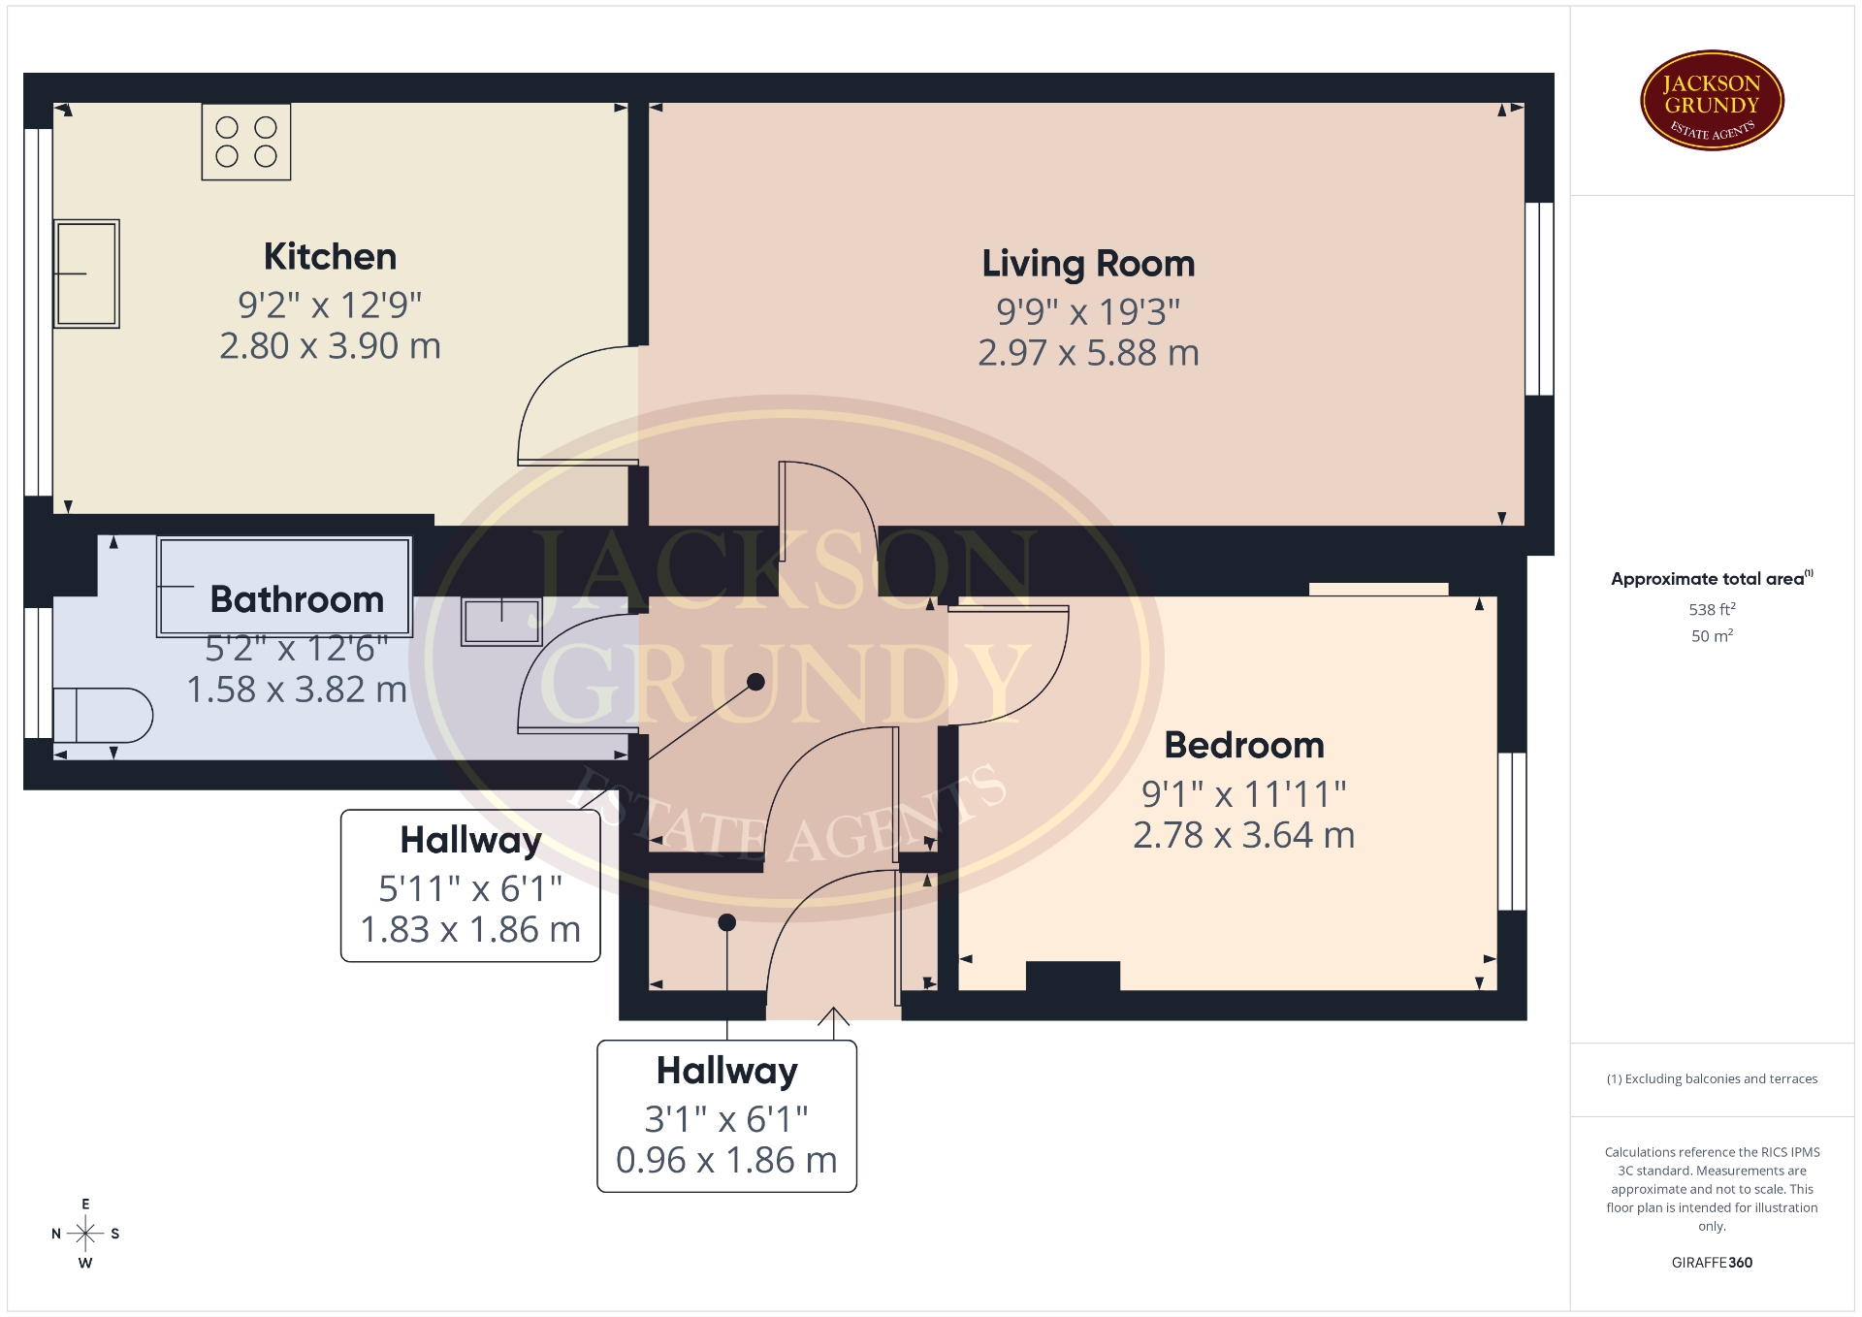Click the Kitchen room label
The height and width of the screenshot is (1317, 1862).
(x=330, y=257)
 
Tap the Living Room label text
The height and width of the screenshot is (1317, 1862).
(x=1088, y=264)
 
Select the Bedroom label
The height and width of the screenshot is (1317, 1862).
(x=1244, y=745)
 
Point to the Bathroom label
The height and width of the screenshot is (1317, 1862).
(x=297, y=599)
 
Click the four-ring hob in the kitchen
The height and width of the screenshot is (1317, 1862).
(x=246, y=142)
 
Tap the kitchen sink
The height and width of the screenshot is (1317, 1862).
(x=86, y=273)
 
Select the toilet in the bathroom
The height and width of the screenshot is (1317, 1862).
(x=102, y=715)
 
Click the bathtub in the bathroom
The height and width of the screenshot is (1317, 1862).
(x=284, y=586)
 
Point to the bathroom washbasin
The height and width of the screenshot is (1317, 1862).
(x=501, y=622)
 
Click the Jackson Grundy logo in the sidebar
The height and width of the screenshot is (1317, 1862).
(x=1712, y=101)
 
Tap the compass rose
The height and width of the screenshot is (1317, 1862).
(x=85, y=1234)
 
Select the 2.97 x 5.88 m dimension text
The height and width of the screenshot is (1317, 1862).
(x=1088, y=353)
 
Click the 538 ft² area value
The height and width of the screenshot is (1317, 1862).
(x=1712, y=609)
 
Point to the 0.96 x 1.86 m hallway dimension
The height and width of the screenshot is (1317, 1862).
(x=726, y=1160)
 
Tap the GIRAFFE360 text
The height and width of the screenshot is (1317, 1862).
(x=1712, y=1263)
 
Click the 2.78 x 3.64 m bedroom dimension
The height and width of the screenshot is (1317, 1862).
(x=1244, y=835)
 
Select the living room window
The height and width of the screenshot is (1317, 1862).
(x=1539, y=299)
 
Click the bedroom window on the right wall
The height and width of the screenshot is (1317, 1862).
(x=1512, y=831)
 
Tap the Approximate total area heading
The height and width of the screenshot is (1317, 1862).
(x=1712, y=579)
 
